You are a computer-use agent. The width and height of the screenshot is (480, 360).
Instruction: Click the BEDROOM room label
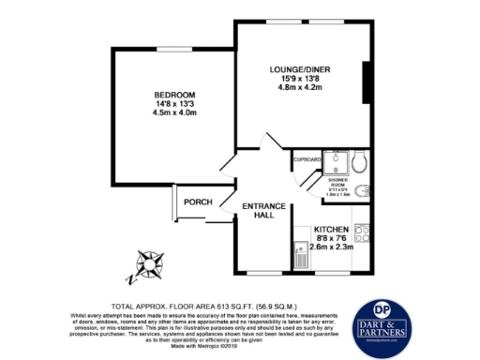point(174,96)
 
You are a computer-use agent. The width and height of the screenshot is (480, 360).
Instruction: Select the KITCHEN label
point(332,231)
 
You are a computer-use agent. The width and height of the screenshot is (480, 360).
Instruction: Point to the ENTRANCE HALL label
point(258,210)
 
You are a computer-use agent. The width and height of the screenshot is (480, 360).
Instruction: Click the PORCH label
point(197,202)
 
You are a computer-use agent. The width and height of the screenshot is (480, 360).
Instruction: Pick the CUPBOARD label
point(307,159)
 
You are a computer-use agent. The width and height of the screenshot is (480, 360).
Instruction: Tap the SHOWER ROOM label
point(337,184)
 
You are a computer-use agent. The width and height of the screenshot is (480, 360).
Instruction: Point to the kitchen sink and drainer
point(302,254)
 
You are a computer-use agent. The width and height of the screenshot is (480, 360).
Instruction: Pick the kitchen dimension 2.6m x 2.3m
point(332,247)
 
